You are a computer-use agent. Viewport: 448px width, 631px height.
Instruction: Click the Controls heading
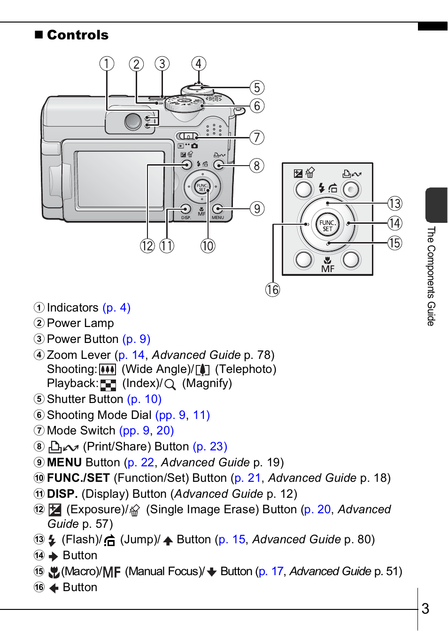pos(78,35)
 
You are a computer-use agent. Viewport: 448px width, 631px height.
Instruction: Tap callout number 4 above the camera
pos(199,64)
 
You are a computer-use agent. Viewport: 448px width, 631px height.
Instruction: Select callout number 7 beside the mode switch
pos(257,137)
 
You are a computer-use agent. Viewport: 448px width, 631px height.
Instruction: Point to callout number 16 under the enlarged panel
pos(272,289)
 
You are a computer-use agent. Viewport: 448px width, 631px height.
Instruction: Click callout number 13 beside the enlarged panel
pos(395,203)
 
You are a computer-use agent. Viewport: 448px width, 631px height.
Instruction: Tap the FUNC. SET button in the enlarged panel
pos(327,226)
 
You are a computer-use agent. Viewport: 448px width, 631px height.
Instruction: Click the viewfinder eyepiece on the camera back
pos(133,122)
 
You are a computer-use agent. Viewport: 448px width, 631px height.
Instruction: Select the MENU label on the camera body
pos(217,218)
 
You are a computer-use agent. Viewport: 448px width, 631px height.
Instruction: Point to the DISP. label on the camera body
pos(186,218)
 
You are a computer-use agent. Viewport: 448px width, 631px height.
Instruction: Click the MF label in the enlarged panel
pos(328,269)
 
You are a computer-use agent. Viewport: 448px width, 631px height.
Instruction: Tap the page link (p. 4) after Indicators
pos(116,308)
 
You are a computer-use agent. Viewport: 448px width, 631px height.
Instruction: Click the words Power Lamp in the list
pos(80,323)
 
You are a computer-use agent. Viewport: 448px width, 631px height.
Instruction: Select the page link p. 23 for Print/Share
pos(210,447)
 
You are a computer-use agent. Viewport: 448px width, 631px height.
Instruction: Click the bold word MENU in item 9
pos(64,462)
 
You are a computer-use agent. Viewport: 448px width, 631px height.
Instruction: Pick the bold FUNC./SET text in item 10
pos(78,478)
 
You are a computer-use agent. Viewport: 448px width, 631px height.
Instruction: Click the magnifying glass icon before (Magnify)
pos(170,384)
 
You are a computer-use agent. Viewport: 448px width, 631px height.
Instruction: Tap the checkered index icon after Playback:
pos(108,385)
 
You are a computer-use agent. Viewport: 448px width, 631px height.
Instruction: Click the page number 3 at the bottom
pos(425,608)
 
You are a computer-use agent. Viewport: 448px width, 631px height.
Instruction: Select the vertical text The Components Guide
pos(431,276)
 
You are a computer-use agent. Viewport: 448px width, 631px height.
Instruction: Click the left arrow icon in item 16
pos(54,588)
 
